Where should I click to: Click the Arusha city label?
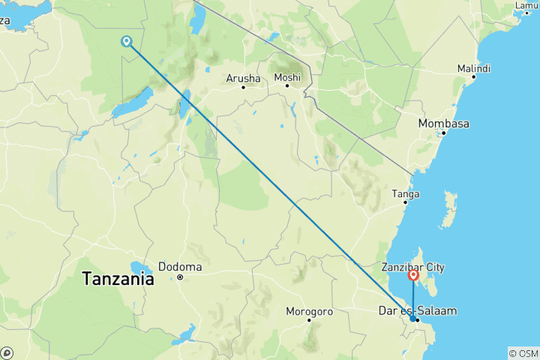244,78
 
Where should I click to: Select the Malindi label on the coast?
474,68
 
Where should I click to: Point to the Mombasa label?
444,123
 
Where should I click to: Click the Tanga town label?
406,193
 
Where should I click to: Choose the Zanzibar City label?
413,266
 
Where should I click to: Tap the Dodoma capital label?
180,266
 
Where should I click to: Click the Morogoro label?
309,310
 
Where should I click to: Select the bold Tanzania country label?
118,279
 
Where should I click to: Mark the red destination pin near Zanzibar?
413,276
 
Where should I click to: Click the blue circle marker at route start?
127,41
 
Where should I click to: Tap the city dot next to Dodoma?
180,277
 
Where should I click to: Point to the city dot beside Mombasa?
444,133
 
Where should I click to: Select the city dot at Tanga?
406,202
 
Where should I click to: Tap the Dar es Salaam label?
417,310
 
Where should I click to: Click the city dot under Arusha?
243,88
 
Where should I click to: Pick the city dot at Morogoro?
309,320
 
